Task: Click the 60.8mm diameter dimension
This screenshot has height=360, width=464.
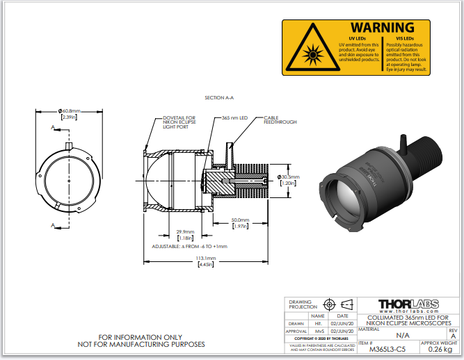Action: coord(70,111)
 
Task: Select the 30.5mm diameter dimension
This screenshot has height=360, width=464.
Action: coord(287,177)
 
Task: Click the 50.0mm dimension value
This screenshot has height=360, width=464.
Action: coord(240,220)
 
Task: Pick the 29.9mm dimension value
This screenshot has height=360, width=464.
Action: coord(185,231)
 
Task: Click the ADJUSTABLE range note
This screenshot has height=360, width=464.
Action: coord(189,246)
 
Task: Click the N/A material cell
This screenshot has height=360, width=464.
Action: coord(403,334)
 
